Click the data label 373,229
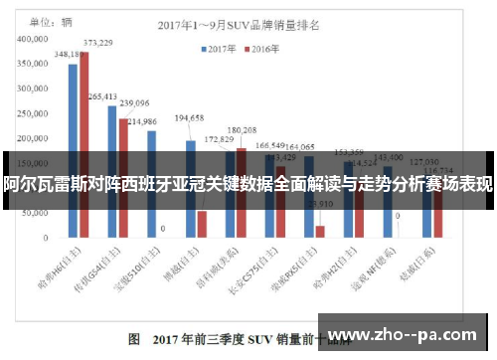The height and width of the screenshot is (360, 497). click(x=97, y=43)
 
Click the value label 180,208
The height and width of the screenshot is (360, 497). click(x=242, y=130)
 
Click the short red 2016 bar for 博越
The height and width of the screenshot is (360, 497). click(x=202, y=224)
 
